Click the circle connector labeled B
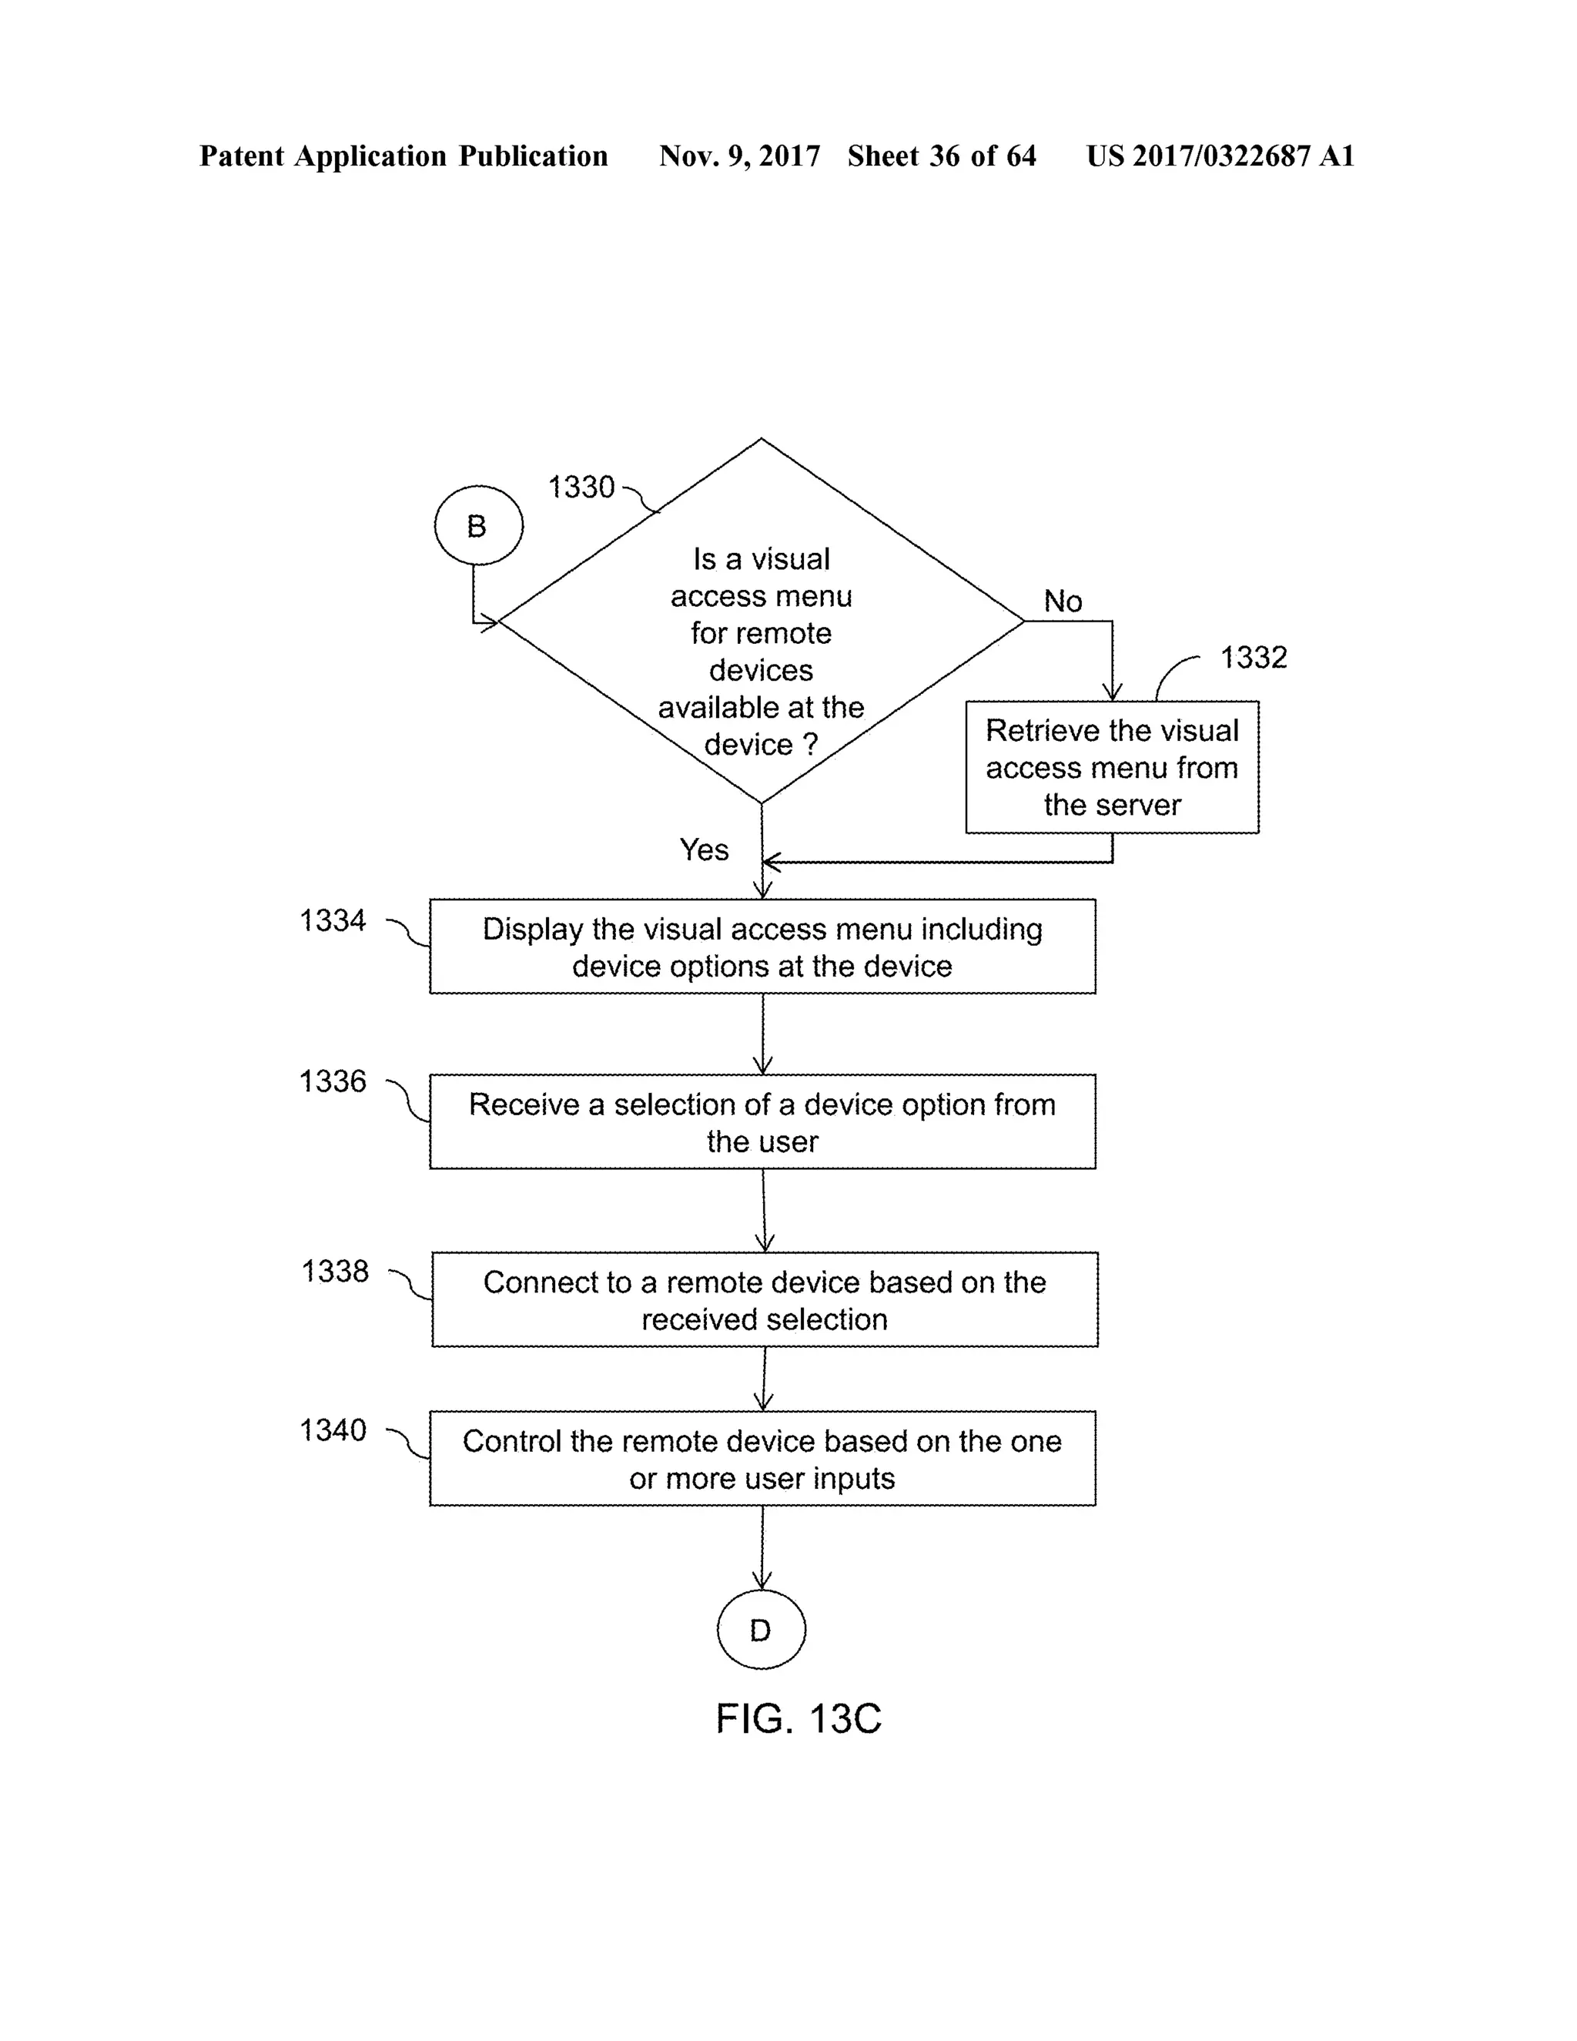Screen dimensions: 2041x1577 click(478, 525)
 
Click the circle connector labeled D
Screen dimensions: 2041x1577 click(761, 1630)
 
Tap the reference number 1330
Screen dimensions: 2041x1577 click(581, 487)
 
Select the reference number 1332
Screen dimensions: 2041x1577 click(1253, 658)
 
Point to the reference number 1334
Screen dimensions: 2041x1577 click(333, 921)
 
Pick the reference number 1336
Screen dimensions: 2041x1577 click(333, 1082)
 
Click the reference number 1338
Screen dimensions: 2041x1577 click(334, 1272)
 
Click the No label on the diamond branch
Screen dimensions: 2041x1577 click(1062, 601)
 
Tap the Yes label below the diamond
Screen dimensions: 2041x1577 click(704, 850)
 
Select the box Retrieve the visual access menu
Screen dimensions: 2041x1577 click(1112, 767)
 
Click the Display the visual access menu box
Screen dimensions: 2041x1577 click(762, 947)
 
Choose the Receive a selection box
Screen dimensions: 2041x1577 click(762, 1121)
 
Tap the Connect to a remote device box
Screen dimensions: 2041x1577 click(764, 1300)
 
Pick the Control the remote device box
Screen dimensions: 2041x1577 click(762, 1459)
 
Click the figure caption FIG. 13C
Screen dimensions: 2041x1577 click(798, 1718)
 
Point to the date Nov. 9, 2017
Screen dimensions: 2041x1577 click(739, 156)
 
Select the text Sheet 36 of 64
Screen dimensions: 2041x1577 click(941, 156)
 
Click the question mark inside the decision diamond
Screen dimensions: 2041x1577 click(810, 745)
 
